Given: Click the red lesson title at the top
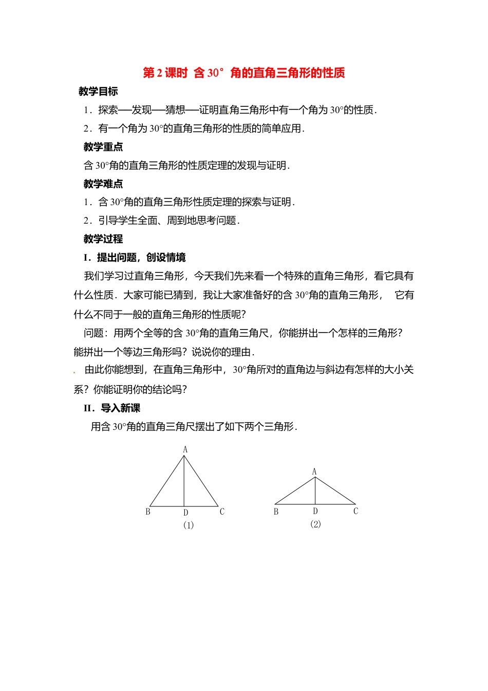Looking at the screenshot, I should coord(243,73).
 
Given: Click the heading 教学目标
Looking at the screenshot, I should coord(98,92).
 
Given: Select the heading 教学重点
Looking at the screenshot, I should coord(103,147).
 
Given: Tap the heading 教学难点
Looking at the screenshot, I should coord(103,184).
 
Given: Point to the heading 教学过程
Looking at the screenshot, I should coord(103,239).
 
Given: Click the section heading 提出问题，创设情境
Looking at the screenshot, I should coord(135,258).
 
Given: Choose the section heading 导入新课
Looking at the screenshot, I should coord(112,408).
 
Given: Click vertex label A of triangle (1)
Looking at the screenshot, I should coord(185,449).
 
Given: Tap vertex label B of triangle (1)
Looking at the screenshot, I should coord(148,512).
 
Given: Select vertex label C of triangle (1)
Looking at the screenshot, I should coord(222,512).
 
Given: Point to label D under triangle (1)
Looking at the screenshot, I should coord(186,513).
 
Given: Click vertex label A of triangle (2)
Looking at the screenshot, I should coord(314,471).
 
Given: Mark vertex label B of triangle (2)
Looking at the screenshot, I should coord(276,512).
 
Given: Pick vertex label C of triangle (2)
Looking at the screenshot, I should coord(355,511).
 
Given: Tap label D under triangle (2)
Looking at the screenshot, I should coord(315,511).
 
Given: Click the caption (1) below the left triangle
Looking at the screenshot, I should coord(189,525).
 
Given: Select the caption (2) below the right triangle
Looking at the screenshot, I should coord(315,524).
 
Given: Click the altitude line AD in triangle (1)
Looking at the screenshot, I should coord(184,481).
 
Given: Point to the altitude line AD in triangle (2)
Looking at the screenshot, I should coord(315,491).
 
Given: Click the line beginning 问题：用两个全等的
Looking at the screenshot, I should coord(243,333).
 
